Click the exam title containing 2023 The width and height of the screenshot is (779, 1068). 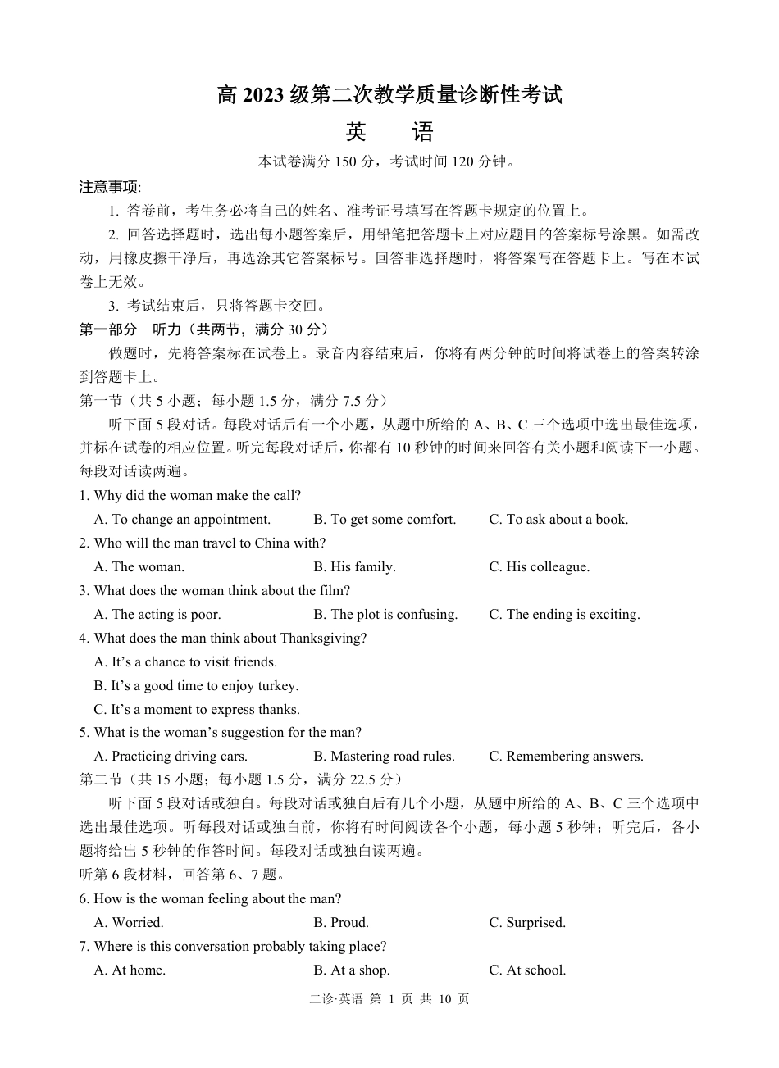(x=389, y=95)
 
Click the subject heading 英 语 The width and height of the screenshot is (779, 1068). (x=389, y=132)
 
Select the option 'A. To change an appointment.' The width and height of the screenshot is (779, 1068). (x=182, y=520)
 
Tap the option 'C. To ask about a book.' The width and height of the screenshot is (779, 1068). (x=558, y=520)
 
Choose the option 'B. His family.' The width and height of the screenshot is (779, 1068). (x=354, y=567)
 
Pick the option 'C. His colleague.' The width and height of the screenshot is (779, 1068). (x=539, y=567)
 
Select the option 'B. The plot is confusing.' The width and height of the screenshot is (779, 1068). (x=385, y=615)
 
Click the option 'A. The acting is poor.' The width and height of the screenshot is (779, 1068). (x=157, y=615)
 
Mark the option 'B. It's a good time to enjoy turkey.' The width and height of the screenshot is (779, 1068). (x=196, y=686)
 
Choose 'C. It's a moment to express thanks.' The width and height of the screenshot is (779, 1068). (x=197, y=710)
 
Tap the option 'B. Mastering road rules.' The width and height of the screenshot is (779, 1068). (x=384, y=757)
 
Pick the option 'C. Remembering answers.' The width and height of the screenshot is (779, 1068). (x=566, y=757)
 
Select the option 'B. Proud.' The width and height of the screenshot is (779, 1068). (x=341, y=923)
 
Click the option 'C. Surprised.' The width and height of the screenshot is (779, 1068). (x=527, y=923)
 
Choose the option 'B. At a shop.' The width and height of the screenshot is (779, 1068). (x=352, y=970)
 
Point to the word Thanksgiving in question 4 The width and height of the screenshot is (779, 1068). (x=323, y=639)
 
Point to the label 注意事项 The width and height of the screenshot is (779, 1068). (x=110, y=187)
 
